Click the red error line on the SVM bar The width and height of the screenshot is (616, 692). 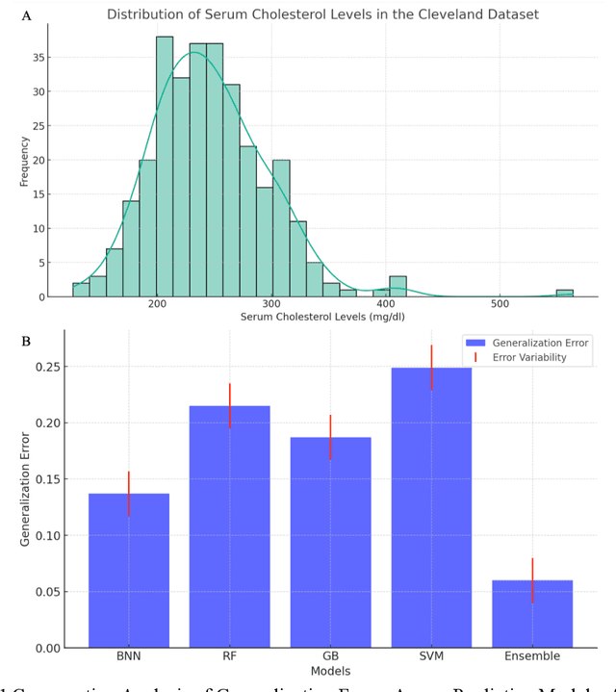[x=431, y=367]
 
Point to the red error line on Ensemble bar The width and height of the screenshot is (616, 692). [x=532, y=580]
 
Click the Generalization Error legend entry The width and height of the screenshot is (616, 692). [x=540, y=342]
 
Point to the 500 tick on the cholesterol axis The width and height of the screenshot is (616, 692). [x=500, y=304]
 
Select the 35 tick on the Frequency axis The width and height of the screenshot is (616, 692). [x=40, y=57]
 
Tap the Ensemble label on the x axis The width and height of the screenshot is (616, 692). [x=532, y=656]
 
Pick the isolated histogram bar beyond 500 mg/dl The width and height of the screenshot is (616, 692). [x=564, y=293]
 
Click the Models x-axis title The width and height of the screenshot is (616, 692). [x=330, y=670]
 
